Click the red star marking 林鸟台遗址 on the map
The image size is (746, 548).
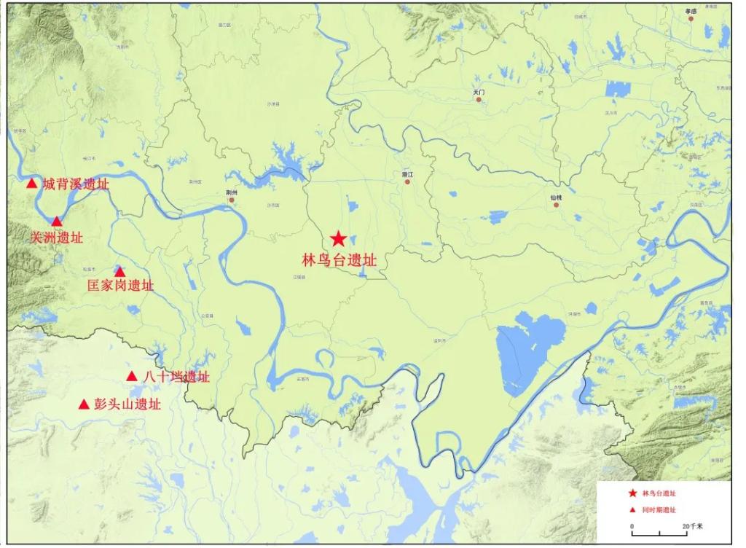click(338, 238)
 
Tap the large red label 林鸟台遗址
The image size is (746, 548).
click(339, 259)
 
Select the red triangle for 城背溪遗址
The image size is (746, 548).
click(31, 184)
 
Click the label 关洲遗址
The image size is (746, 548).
click(57, 238)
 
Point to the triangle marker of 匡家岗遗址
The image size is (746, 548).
click(120, 272)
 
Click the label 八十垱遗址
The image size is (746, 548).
click(176, 377)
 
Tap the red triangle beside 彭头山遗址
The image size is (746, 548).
click(84, 404)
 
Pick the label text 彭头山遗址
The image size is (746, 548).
click(127, 404)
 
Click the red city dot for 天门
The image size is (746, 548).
click(479, 99)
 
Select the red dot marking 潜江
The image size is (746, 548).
click(408, 181)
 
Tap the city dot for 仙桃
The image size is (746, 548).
click(556, 205)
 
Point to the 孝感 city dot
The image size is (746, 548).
click(690, 18)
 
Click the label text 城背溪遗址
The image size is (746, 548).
click(76, 184)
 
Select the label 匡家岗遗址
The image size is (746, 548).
click(120, 286)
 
